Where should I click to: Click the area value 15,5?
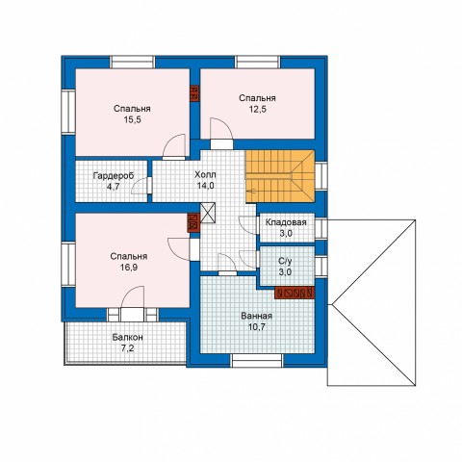click(132, 120)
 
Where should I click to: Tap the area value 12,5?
click(258, 109)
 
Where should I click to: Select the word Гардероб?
click(114, 176)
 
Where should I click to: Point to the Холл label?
click(205, 175)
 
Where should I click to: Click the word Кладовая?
click(286, 222)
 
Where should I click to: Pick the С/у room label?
click(285, 261)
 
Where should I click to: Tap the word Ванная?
click(256, 316)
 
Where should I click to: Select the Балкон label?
click(127, 338)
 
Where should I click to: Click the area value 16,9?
click(129, 268)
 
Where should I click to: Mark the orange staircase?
click(280, 176)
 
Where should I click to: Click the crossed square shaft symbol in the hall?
click(207, 213)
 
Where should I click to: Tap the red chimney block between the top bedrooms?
click(194, 93)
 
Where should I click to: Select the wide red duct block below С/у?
click(295, 293)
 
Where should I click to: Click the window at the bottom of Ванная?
click(257, 360)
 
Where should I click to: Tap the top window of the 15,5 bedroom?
click(133, 62)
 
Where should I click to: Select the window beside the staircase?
click(321, 176)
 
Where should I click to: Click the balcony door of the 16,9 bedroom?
click(133, 315)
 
